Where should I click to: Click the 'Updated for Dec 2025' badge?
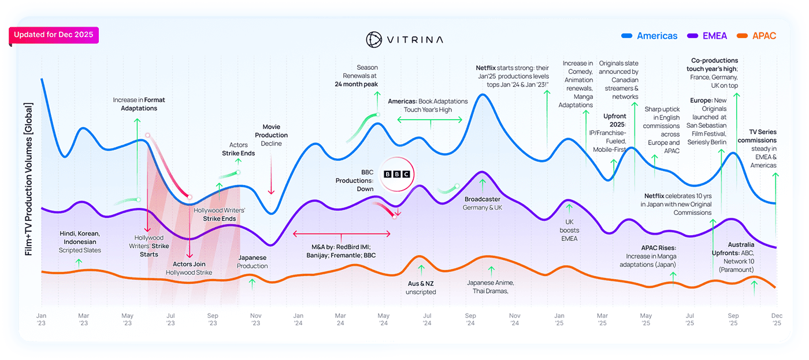[x=54, y=35]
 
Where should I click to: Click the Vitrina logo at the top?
[x=404, y=39]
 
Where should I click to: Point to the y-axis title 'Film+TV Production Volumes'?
[x=29, y=179]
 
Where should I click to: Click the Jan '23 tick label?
[x=41, y=320]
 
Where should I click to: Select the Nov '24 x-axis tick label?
[x=514, y=320]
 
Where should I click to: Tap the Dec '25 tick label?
[x=777, y=320]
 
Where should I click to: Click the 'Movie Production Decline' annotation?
[x=272, y=135]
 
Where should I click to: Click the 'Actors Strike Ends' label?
[x=238, y=149]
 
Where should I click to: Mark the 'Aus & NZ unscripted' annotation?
[x=421, y=288]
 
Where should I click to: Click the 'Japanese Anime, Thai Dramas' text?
[x=490, y=287]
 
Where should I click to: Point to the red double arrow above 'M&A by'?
[x=342, y=234]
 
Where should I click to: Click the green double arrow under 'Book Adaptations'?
[x=430, y=120]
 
